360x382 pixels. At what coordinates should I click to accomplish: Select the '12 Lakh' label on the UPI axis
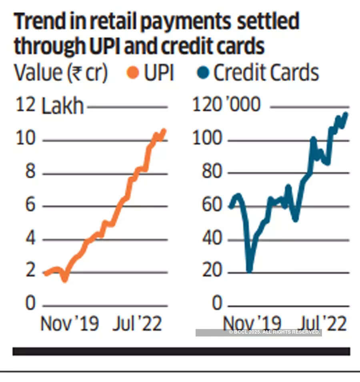coord(50,106)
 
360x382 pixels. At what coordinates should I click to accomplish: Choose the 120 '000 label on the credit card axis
coord(226,105)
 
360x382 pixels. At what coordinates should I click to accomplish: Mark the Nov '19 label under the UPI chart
coord(70,324)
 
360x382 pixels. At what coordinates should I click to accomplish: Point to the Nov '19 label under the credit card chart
coord(252,324)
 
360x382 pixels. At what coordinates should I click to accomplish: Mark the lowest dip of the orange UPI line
coord(65,279)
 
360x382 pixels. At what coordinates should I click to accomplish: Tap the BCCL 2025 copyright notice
coord(274,332)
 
